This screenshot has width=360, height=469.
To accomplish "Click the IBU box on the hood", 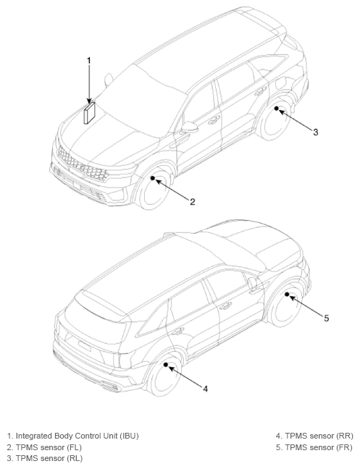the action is click(x=89, y=113).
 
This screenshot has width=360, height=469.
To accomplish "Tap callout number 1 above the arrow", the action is click(x=88, y=61).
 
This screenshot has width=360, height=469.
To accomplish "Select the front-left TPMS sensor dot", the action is click(x=153, y=178).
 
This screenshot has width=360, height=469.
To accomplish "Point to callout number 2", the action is click(x=193, y=202).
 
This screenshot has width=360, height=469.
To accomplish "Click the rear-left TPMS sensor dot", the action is click(x=276, y=109).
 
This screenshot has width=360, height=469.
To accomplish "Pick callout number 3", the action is click(x=315, y=132).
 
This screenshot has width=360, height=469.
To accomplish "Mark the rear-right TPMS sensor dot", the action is click(x=166, y=365).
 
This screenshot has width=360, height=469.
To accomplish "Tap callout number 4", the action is click(x=205, y=389).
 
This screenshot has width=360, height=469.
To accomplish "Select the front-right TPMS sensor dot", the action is click(x=287, y=295).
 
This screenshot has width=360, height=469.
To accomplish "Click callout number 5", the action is click(x=327, y=318).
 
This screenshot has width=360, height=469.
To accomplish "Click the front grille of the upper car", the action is click(x=83, y=164).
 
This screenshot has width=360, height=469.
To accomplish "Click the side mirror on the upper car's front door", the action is click(x=190, y=127).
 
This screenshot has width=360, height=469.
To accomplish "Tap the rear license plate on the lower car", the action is click(x=84, y=345).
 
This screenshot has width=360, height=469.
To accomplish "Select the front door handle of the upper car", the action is click(x=214, y=120).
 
